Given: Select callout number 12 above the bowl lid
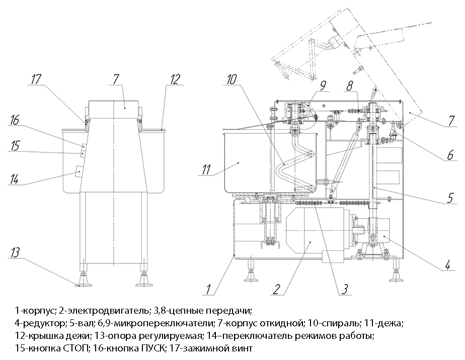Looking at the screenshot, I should tap(175, 79).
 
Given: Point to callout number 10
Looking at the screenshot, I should tap(230, 79).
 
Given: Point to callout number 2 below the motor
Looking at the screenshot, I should tap(276, 289).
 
